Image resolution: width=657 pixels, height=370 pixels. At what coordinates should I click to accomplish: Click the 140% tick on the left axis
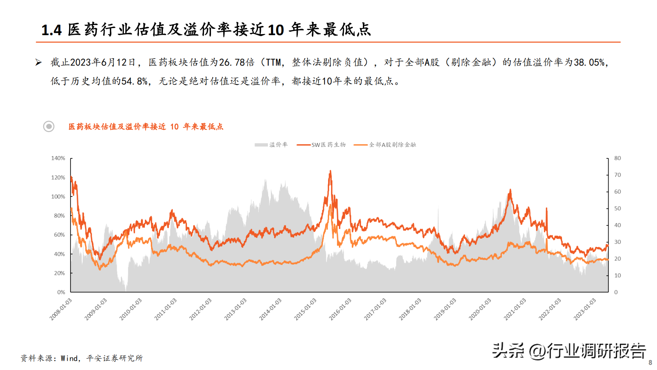(x=58, y=158)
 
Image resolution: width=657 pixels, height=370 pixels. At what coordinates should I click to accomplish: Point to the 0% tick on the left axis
(x=61, y=292)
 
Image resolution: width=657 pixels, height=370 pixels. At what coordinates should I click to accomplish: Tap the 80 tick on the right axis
(x=617, y=158)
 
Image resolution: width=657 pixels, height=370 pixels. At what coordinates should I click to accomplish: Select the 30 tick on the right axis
(x=617, y=242)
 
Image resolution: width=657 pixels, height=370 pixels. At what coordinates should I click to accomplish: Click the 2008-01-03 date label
(x=61, y=309)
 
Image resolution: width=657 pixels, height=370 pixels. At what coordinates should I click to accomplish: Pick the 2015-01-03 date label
(x=306, y=309)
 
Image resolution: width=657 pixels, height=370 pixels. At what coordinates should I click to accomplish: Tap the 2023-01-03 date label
(x=585, y=309)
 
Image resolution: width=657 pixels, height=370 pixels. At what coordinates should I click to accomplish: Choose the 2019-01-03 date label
(x=445, y=309)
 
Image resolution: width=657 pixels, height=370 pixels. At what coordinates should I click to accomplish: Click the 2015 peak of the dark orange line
(x=330, y=171)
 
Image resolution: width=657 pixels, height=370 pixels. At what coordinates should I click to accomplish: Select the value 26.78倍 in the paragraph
(x=236, y=63)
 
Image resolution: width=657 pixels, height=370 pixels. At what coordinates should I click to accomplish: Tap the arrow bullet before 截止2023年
(x=38, y=63)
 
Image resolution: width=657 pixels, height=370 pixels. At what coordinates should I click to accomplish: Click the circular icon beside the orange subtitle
(x=49, y=127)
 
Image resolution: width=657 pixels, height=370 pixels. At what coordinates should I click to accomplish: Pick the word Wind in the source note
(x=69, y=358)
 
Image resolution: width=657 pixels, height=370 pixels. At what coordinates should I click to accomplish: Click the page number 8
(x=650, y=363)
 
